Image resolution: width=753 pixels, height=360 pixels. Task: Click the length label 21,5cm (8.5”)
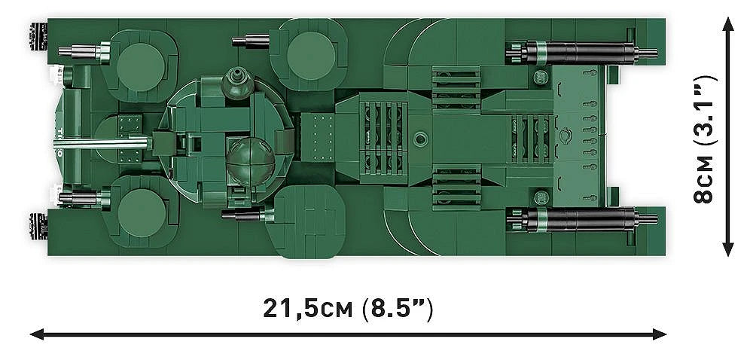[348, 308]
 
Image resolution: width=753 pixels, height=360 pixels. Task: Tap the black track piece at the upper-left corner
[37, 33]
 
